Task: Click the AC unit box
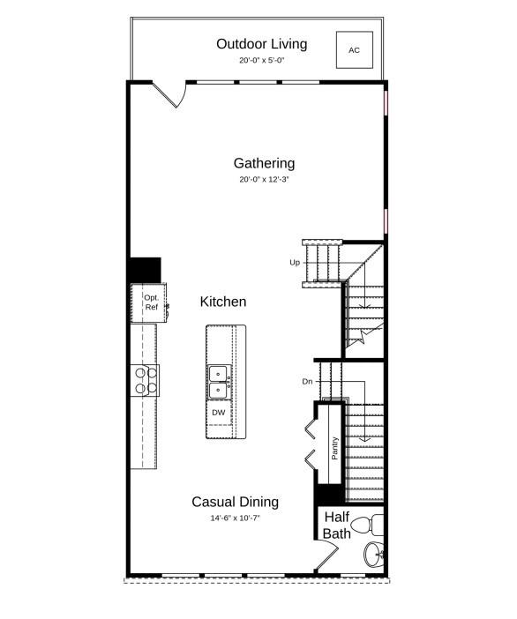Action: click(x=355, y=49)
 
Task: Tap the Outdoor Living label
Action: click(x=261, y=44)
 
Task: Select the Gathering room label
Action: click(x=264, y=163)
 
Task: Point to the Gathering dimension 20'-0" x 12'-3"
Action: click(x=264, y=179)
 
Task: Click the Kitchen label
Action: click(x=223, y=302)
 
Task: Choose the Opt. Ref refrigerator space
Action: click(x=148, y=302)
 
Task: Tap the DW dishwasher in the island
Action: click(x=219, y=413)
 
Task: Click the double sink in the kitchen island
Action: click(x=219, y=382)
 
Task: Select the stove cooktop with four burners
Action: click(x=146, y=381)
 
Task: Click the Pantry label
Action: click(x=335, y=448)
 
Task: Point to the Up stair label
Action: click(x=295, y=263)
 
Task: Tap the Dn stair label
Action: click(x=307, y=381)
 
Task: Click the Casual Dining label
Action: click(x=235, y=502)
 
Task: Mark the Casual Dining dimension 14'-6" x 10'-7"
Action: click(x=235, y=518)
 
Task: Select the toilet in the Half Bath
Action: click(x=367, y=525)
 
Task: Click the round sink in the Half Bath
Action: click(x=372, y=555)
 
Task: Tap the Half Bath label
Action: click(x=336, y=525)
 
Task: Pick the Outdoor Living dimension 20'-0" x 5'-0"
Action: click(x=261, y=60)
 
